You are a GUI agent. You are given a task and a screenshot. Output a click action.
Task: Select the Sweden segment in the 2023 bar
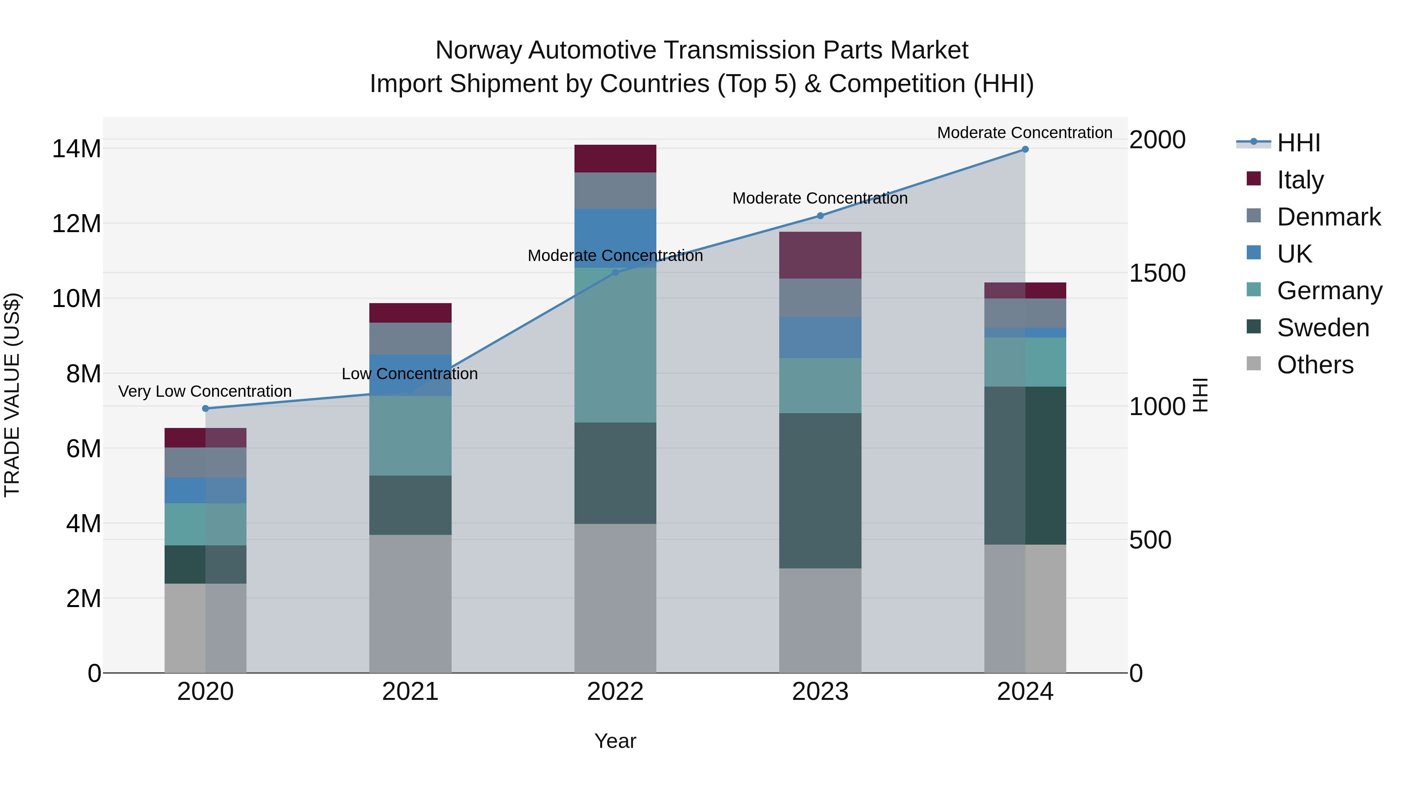pos(820,491)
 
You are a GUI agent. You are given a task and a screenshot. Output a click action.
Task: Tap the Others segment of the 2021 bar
pos(410,604)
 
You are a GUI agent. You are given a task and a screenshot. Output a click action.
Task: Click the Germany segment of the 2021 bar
pos(410,436)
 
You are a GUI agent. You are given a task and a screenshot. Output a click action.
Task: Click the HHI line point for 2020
pos(206,408)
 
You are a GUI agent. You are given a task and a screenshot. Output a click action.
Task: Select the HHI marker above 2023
pos(820,216)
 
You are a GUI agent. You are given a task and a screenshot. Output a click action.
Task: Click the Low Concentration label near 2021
pos(410,374)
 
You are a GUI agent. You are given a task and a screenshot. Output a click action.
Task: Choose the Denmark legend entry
pos(1328,217)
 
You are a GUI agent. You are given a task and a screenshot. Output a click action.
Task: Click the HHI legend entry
pos(1298,143)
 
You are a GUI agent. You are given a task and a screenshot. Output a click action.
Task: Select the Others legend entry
pos(1315,365)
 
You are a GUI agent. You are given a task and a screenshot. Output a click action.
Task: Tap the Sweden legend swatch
pos(1253,327)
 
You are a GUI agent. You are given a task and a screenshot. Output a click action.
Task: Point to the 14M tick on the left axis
pos(76,149)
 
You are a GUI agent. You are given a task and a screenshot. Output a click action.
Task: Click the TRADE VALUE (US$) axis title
pos(12,395)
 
